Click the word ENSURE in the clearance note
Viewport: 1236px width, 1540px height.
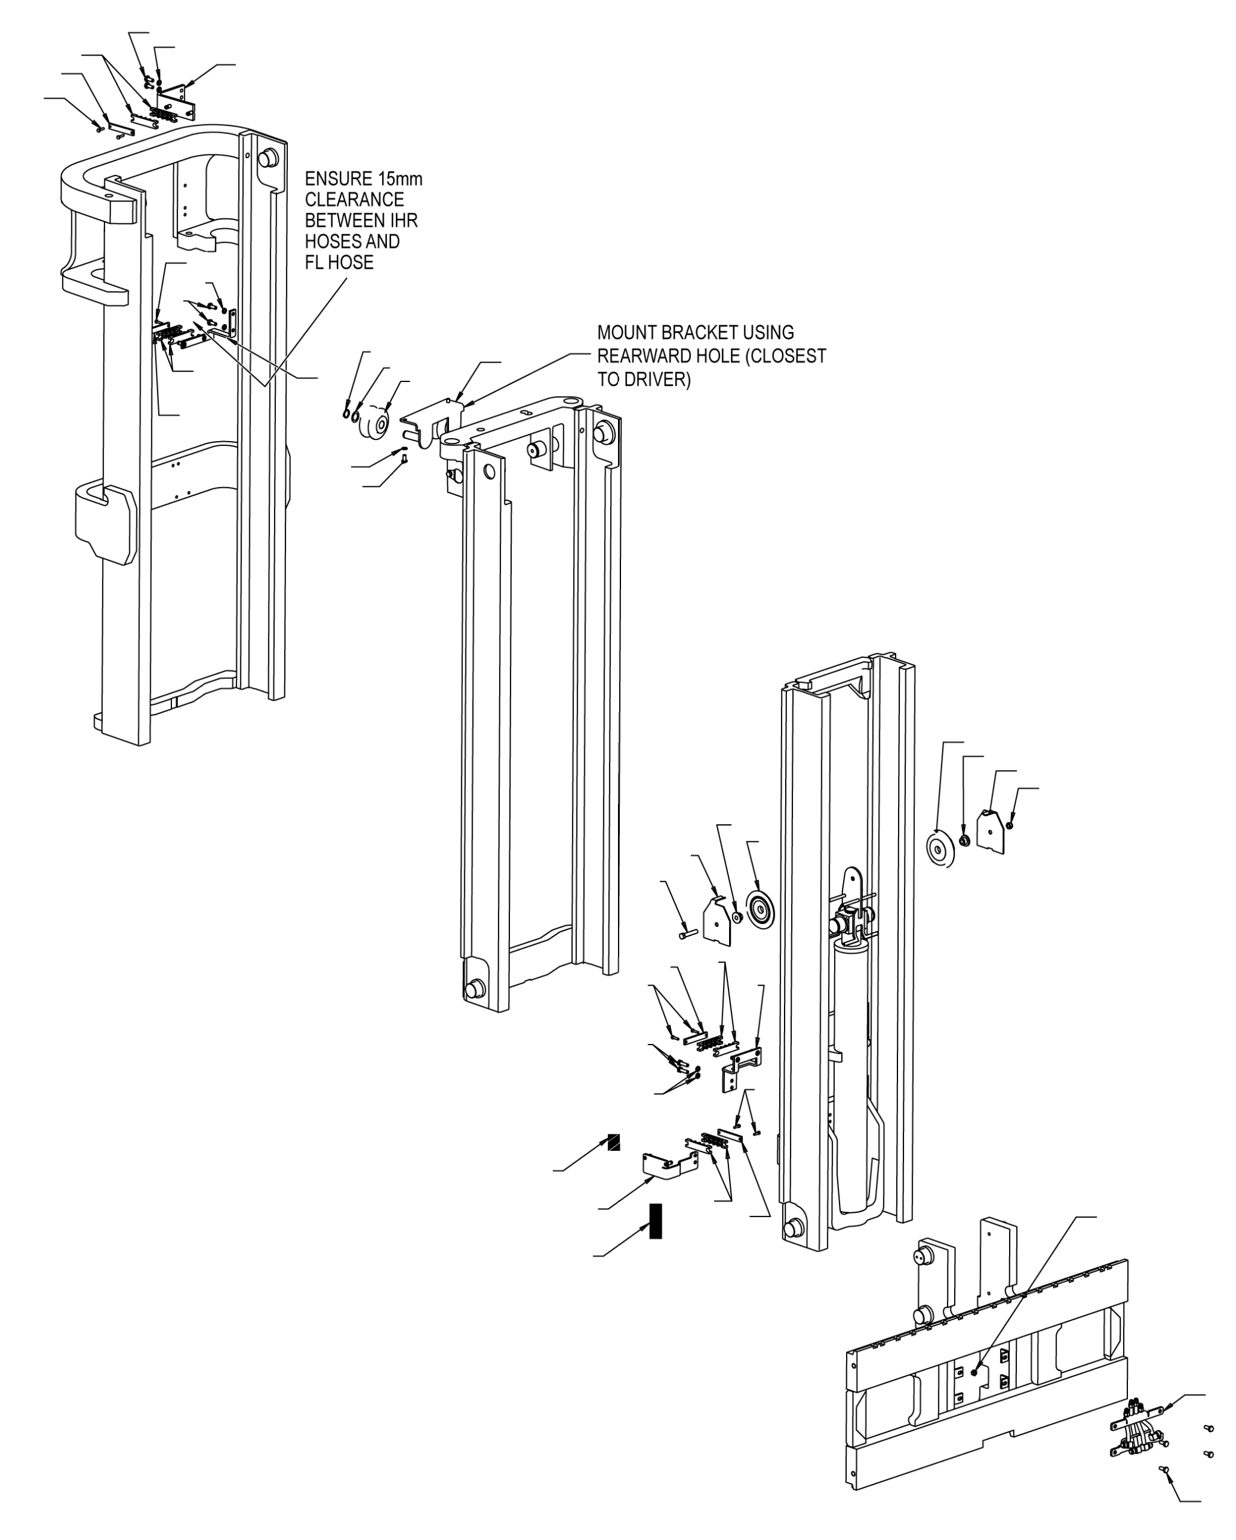[339, 179]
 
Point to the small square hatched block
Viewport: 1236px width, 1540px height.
[613, 1142]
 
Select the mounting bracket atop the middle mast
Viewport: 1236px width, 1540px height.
[432, 423]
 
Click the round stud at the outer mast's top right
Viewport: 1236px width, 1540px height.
[268, 158]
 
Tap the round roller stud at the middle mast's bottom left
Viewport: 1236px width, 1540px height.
[474, 989]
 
